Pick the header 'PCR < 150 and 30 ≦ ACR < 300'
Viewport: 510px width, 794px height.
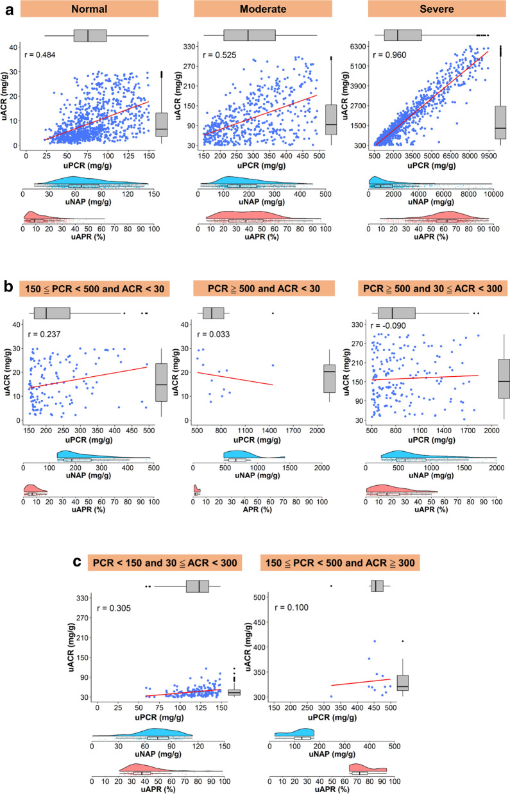[164, 563]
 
